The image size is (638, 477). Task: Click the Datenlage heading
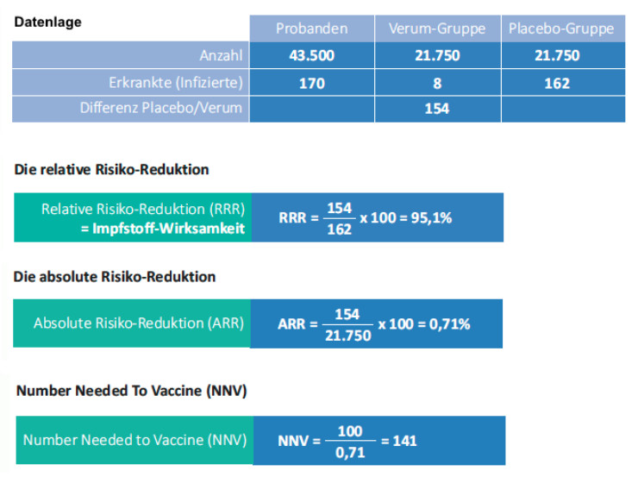point(48,22)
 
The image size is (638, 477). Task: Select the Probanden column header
point(311,28)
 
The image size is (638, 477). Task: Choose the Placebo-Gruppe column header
point(561,28)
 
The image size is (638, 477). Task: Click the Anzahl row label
point(221,56)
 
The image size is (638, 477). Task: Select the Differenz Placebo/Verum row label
point(161,109)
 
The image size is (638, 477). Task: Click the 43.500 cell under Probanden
point(311,56)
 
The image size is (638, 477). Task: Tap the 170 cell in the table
point(311,83)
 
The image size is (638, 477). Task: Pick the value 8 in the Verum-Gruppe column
point(437,83)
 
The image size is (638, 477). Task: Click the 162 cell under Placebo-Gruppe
point(561,83)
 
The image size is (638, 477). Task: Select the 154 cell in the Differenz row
point(437,109)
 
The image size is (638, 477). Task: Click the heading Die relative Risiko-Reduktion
point(112,169)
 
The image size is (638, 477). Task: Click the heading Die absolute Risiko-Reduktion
point(115,277)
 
